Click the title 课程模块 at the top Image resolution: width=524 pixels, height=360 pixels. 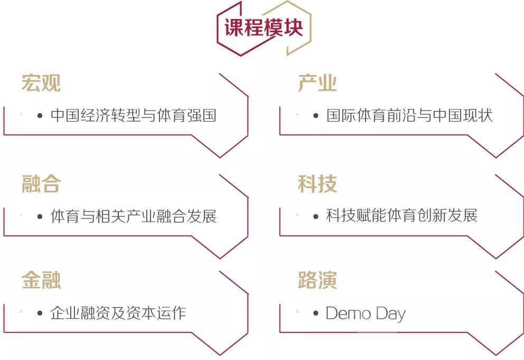pyautogui.click(x=264, y=27)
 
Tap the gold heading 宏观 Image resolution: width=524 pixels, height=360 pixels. pyautogui.click(x=41, y=83)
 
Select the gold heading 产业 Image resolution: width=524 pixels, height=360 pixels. pyautogui.click(x=317, y=83)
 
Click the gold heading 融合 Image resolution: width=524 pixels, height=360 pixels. pyautogui.click(x=41, y=183)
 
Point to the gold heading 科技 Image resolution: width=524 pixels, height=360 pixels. pyautogui.click(x=317, y=183)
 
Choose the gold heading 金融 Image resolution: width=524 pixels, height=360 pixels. pyautogui.click(x=41, y=280)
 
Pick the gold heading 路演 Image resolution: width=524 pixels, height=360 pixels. pyautogui.click(x=317, y=280)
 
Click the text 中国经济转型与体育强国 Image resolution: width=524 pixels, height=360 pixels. pyautogui.click(x=133, y=115)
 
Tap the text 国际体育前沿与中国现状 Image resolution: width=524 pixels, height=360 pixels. pyautogui.click(x=409, y=115)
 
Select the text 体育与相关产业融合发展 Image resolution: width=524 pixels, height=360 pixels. pyautogui.click(x=133, y=216)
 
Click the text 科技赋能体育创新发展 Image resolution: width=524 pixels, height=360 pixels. pyautogui.click(x=401, y=216)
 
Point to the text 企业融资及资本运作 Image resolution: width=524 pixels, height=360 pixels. pyautogui.click(x=118, y=313)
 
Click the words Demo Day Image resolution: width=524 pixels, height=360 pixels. pyautogui.click(x=366, y=314)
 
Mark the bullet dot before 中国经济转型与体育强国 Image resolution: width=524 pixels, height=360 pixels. pyautogui.click(x=40, y=116)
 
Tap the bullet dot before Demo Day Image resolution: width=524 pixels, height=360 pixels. pyautogui.click(x=316, y=313)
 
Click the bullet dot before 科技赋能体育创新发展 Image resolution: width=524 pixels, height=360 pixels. pyautogui.click(x=316, y=216)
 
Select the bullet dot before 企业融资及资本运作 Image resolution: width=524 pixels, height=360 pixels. pyautogui.click(x=40, y=313)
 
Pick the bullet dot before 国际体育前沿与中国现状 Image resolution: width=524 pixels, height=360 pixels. pyautogui.click(x=316, y=116)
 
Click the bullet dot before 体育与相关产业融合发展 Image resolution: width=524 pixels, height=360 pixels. pyautogui.click(x=40, y=216)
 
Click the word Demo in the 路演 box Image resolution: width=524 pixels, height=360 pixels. pyautogui.click(x=349, y=313)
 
